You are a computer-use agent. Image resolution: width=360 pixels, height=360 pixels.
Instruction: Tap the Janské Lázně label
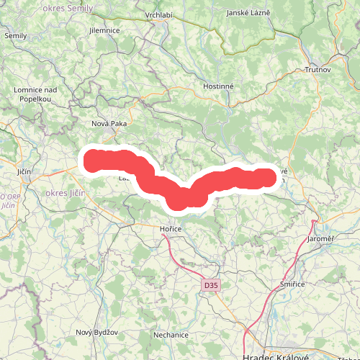point(248,13)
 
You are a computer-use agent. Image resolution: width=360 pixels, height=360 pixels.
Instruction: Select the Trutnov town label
point(318,70)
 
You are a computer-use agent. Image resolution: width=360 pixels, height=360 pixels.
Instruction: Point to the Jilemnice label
point(104,32)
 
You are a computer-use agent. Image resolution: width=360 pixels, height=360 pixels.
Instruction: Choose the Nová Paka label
point(109,124)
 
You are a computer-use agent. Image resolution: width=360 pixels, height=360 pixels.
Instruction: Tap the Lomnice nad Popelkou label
point(29,93)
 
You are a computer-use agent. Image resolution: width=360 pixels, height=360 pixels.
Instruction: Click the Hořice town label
point(171,228)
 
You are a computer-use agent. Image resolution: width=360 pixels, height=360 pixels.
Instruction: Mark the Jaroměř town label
point(321,238)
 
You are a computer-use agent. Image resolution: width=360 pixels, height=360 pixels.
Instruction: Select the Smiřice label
point(293,286)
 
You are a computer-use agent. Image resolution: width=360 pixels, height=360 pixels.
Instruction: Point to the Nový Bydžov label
point(96,332)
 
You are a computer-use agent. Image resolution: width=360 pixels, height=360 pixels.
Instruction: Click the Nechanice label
point(171,335)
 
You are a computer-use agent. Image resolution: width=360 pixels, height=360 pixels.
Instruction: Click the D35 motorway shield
point(210,286)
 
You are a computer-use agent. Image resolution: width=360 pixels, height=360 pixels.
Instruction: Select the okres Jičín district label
point(65,194)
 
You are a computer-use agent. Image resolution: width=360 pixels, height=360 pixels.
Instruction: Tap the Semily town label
point(15,35)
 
